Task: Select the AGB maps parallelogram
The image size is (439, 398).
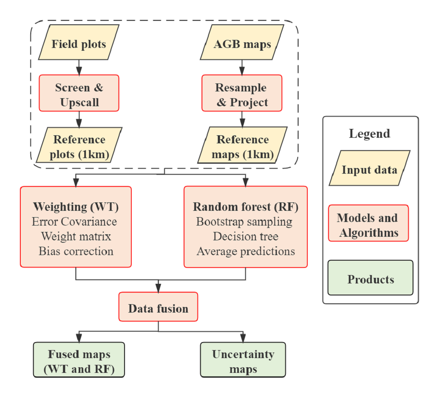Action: point(242,44)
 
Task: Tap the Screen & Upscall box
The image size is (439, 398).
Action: point(79,95)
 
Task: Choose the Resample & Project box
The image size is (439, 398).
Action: point(241,95)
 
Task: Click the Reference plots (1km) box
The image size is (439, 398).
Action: point(79,147)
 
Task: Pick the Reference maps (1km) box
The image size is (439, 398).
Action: point(243,147)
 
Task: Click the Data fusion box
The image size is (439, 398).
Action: point(158,309)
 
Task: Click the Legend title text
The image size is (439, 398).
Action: point(370,133)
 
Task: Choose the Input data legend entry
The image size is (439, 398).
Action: point(369,170)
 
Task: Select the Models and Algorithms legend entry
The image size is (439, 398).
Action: point(368,225)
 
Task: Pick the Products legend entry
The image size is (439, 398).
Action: point(370,279)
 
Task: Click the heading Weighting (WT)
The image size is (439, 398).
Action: point(76,207)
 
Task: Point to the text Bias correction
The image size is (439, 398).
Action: point(76,251)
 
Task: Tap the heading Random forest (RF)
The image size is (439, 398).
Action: point(245,207)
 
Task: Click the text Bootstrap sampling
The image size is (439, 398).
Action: point(244,222)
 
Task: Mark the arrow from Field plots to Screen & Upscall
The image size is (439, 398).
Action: point(79,66)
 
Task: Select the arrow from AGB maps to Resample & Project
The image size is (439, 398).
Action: point(241,66)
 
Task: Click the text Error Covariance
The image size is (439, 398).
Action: point(74,222)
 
